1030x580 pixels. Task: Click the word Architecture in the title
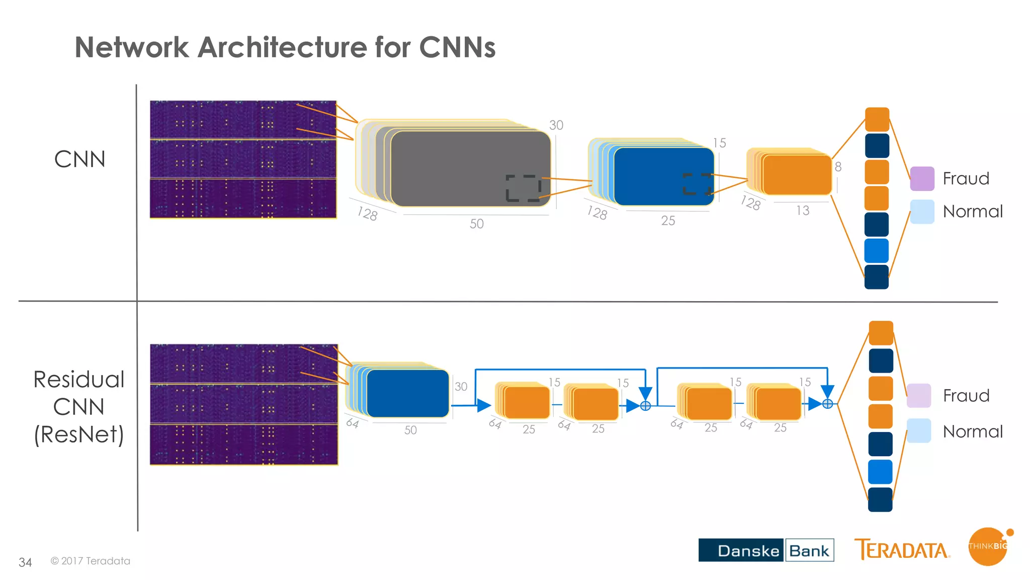tap(282, 48)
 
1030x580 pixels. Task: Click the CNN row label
tap(79, 160)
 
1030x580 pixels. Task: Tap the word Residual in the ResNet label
tap(79, 380)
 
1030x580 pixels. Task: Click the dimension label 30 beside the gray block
tap(556, 125)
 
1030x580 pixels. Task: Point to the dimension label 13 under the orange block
tap(803, 210)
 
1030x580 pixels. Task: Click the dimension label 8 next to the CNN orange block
tap(838, 167)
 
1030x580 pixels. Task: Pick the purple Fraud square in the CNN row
tap(922, 179)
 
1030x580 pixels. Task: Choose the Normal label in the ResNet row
tap(973, 432)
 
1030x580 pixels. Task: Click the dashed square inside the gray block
tap(523, 188)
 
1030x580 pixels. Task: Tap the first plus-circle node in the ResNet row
tap(646, 405)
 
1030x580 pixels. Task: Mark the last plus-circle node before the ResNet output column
tap(828, 404)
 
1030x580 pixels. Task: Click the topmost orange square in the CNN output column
tap(877, 119)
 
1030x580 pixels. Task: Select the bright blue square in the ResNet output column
tap(880, 472)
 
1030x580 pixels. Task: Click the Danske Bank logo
tap(766, 550)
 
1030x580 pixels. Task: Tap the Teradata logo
tap(902, 550)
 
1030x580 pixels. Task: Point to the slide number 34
tap(25, 562)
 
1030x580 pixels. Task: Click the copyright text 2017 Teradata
tap(91, 561)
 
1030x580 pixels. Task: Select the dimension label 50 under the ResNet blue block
tap(410, 430)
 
